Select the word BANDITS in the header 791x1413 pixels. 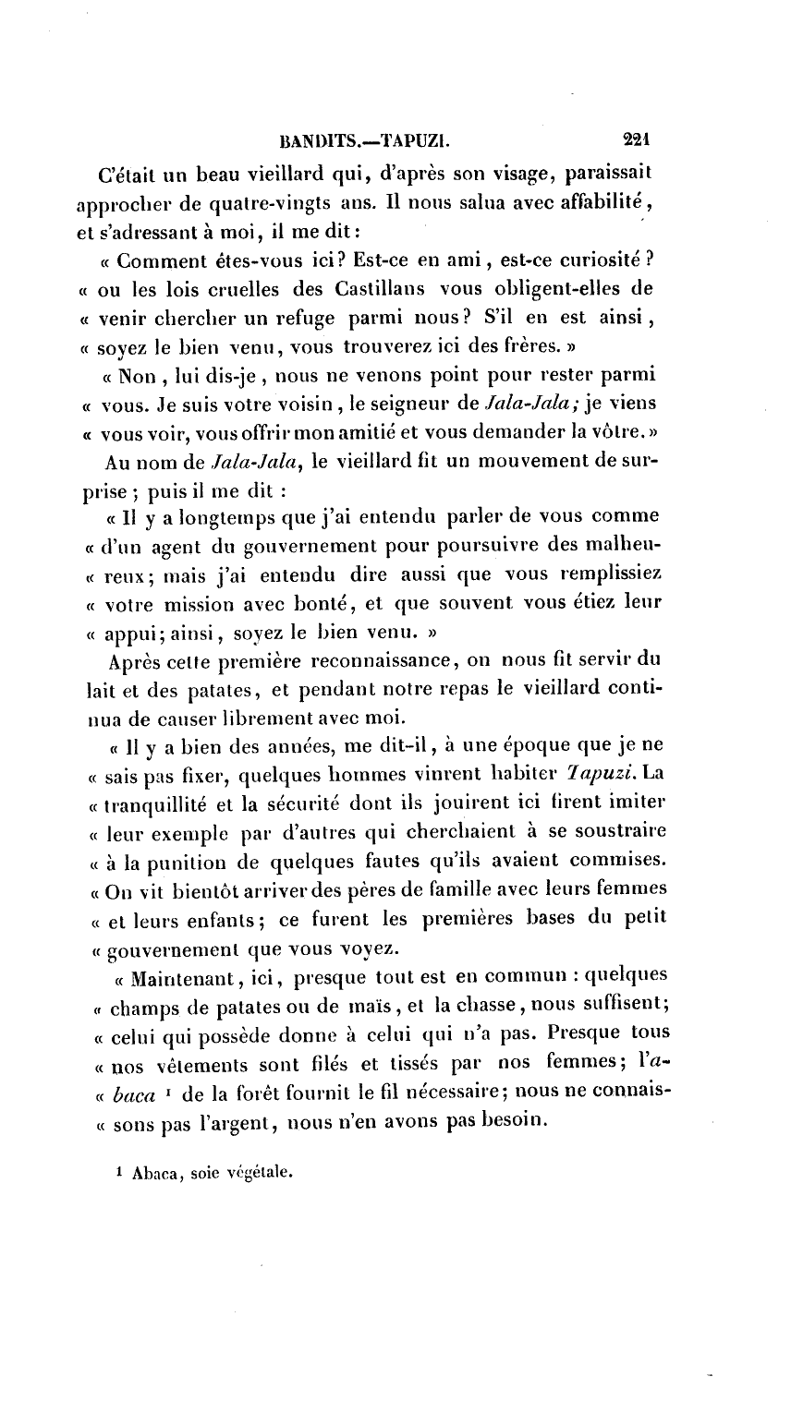316,143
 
